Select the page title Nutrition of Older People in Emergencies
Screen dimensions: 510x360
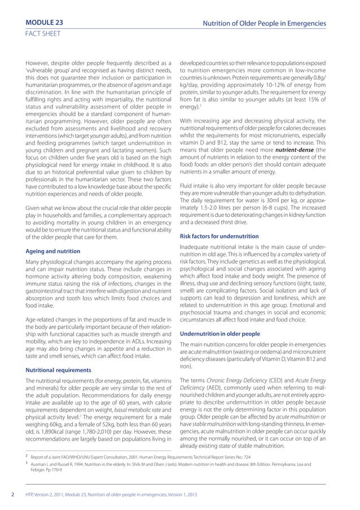267,23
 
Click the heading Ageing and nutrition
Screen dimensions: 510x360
53,251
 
